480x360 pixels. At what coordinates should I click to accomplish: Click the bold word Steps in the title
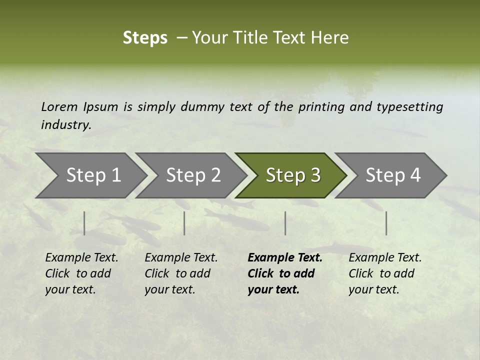pos(145,38)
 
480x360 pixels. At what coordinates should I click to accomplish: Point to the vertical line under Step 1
pos(84,223)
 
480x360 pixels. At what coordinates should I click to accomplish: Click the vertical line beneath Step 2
pos(184,223)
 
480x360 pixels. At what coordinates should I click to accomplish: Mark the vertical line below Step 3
pos(285,223)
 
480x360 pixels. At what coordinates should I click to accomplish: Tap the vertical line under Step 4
pos(386,223)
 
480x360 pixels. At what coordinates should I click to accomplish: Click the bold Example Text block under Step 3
pos(285,273)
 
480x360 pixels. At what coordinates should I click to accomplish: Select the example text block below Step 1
pos(81,273)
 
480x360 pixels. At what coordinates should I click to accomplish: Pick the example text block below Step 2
pos(181,273)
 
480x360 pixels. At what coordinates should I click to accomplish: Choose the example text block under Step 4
pos(385,273)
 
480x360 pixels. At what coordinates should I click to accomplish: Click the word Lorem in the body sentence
pos(59,106)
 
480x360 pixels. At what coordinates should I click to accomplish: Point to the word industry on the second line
pos(66,124)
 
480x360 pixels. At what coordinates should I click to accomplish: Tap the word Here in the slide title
pos(330,38)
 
